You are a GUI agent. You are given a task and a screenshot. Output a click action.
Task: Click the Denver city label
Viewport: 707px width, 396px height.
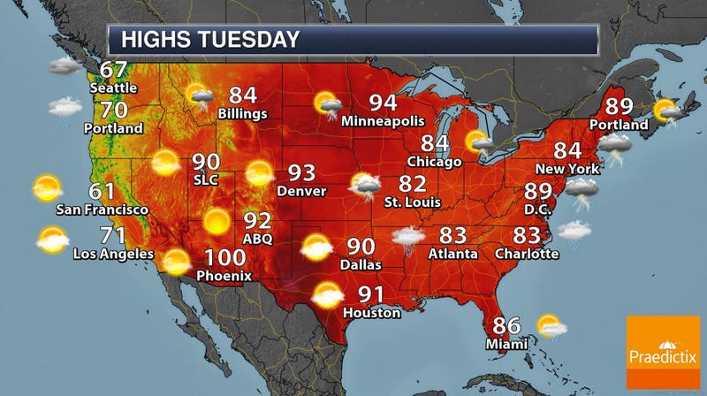301,191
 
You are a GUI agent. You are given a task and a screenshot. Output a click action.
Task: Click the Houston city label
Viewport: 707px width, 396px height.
373,312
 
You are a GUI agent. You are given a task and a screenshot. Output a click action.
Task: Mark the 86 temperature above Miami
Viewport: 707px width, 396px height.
506,324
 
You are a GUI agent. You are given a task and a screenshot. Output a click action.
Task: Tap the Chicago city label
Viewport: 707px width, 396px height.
435,162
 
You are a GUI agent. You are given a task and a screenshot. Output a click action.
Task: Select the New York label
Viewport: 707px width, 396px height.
568,169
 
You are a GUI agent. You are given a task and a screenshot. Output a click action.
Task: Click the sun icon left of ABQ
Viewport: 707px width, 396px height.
216,221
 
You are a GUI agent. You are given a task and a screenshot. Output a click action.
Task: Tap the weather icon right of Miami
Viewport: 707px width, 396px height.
551,326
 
